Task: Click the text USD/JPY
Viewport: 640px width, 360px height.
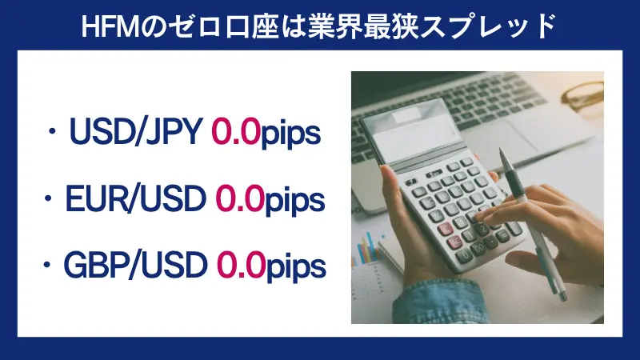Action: pyautogui.click(x=137, y=134)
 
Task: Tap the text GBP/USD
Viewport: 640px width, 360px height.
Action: pyautogui.click(x=139, y=265)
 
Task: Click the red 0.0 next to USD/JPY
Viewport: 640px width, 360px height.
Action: pyautogui.click(x=236, y=134)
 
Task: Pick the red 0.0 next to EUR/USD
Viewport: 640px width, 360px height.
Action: pyautogui.click(x=239, y=199)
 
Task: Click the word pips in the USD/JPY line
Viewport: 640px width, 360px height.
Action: pyautogui.click(x=291, y=135)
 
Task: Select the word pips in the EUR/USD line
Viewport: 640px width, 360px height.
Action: pyautogui.click(x=294, y=201)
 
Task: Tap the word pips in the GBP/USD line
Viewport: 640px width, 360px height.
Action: pyautogui.click(x=296, y=266)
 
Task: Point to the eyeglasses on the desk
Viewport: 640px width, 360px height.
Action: pyautogui.click(x=584, y=96)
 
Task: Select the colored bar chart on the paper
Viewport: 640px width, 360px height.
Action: pyautogui.click(x=368, y=248)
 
